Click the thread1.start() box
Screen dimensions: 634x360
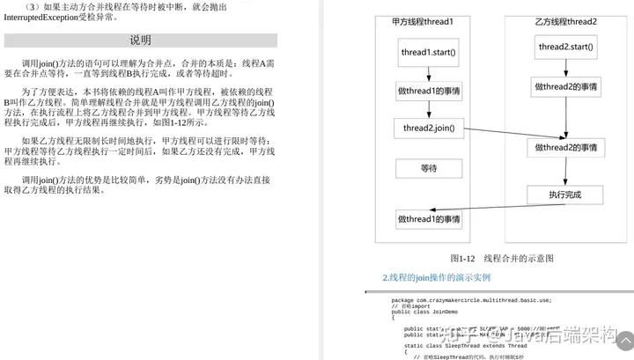[x=429, y=52]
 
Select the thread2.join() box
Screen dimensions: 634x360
[x=429, y=129]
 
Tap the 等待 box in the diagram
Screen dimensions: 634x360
[x=429, y=168]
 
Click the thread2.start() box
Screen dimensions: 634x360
[x=566, y=47]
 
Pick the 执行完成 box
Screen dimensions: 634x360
[x=565, y=195]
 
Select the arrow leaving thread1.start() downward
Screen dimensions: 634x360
[x=429, y=73]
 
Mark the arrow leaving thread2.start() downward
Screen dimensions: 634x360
[x=566, y=68]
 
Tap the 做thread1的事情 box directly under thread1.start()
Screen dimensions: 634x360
[x=429, y=91]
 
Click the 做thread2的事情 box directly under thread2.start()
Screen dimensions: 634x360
[x=566, y=86]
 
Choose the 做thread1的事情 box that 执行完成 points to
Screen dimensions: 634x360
[x=429, y=218]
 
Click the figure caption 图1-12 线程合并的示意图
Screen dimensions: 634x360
[x=501, y=259]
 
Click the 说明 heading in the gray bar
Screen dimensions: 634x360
[x=140, y=40]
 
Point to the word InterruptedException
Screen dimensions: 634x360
[x=41, y=17]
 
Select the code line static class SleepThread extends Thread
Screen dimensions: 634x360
[x=466, y=346]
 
